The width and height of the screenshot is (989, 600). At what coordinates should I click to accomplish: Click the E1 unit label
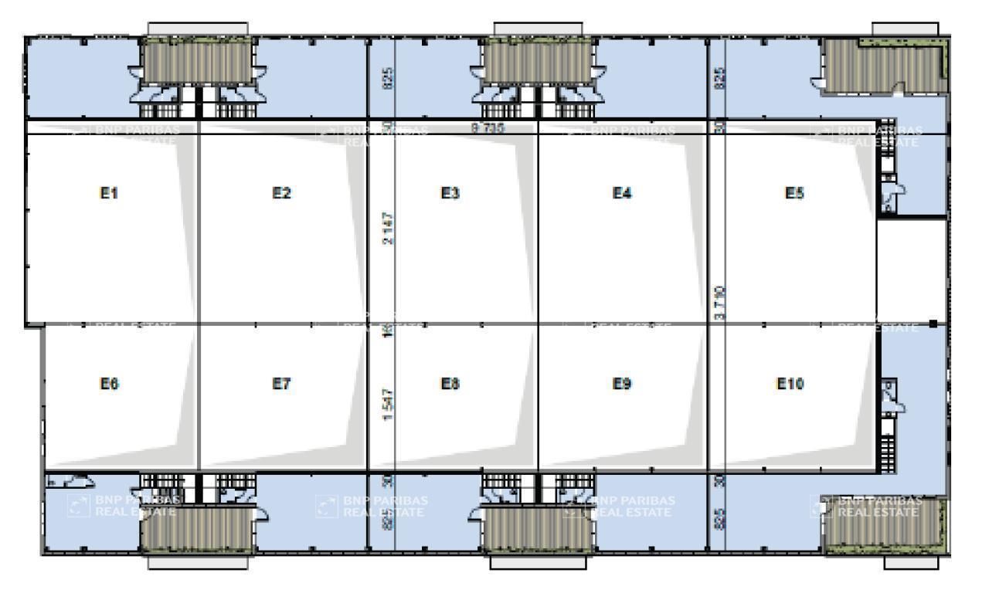click(x=109, y=194)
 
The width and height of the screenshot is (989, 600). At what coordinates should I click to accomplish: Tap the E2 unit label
click(x=281, y=194)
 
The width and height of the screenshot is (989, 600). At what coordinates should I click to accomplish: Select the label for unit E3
click(x=450, y=194)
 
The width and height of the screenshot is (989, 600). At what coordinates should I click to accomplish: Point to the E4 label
click(x=622, y=194)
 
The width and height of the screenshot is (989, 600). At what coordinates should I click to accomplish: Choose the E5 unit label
click(x=794, y=194)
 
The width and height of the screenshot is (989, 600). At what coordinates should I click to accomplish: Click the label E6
click(x=109, y=384)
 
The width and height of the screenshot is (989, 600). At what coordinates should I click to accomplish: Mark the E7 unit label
click(x=281, y=384)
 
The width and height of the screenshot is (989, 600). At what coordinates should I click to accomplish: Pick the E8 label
click(x=450, y=384)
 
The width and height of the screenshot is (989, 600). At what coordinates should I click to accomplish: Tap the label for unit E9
click(x=622, y=384)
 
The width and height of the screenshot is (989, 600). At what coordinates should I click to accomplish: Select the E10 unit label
click(x=790, y=384)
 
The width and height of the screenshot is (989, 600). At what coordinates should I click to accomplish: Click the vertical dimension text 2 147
click(x=388, y=229)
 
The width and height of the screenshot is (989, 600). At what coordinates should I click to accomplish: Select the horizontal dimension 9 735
click(x=488, y=128)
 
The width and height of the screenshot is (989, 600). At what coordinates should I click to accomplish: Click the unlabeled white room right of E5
click(x=911, y=269)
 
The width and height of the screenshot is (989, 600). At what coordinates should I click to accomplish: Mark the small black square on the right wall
click(x=933, y=323)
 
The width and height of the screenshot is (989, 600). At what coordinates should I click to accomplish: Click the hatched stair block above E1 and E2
click(x=199, y=61)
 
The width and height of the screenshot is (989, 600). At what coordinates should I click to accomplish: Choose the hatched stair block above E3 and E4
click(x=539, y=61)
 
